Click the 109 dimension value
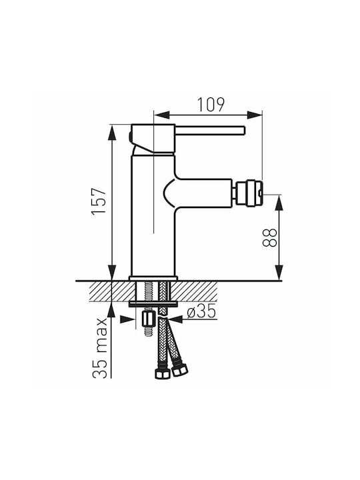(x=211, y=105)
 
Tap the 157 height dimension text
(x=99, y=201)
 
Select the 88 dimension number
(x=270, y=237)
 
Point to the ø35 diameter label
(x=201, y=311)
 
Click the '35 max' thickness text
(x=100, y=348)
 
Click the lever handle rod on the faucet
(x=210, y=130)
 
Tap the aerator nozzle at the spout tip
(x=247, y=193)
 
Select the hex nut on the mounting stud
(x=148, y=319)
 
